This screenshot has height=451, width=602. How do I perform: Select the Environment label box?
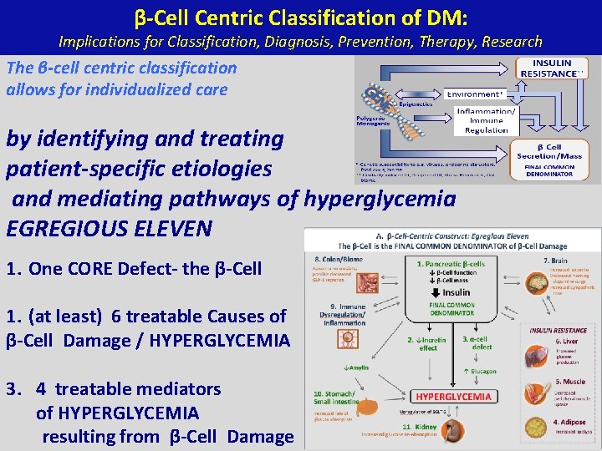477,94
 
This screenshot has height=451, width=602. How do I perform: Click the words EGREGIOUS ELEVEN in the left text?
109,228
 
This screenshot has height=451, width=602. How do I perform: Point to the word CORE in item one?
84,269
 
